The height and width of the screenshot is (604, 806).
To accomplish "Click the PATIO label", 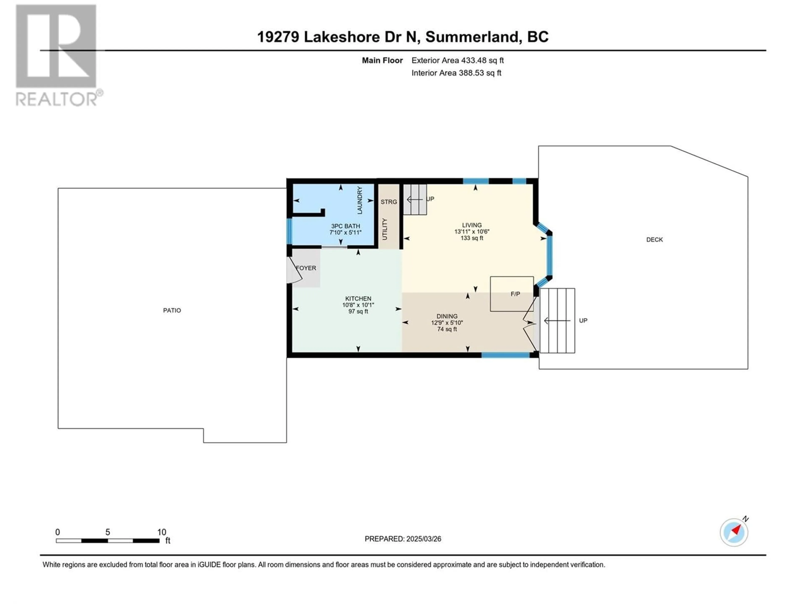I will (172, 310).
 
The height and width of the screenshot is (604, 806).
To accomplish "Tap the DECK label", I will (654, 240).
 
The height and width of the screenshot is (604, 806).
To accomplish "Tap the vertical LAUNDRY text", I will (360, 200).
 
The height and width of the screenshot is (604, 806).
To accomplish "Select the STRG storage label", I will (389, 202).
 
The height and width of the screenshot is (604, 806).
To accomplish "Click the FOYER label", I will (306, 268).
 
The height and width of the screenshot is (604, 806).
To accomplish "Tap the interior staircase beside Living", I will (415, 199).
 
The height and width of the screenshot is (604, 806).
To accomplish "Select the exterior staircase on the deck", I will (557, 320).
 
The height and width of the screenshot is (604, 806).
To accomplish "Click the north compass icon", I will (734, 532).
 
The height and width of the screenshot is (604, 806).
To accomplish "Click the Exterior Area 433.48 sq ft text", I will (457, 60).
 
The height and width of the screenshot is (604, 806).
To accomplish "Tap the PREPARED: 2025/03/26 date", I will (403, 539).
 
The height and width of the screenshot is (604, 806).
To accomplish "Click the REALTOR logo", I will (56, 55).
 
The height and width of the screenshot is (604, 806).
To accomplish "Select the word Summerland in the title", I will (472, 37).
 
